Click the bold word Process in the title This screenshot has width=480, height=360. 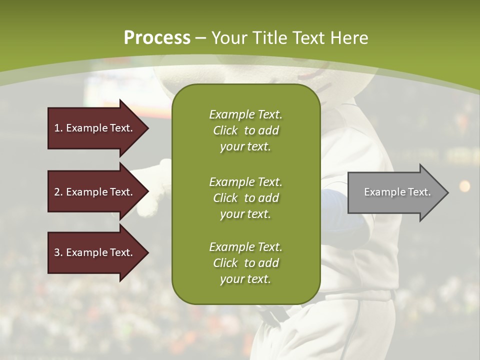pos(157,37)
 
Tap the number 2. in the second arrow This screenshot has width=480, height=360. pos(58,192)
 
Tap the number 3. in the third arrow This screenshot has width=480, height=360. pos(58,252)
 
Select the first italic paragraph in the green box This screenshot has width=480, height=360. pos(245,130)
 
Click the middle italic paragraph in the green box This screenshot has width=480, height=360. pos(245,197)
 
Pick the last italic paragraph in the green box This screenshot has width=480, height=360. pos(245,263)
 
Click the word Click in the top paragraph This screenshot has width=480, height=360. pos(225,130)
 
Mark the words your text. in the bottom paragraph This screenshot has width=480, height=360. pos(245,279)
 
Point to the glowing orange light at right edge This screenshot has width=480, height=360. pos(464,186)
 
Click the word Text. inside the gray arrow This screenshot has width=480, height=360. pos(419,192)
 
